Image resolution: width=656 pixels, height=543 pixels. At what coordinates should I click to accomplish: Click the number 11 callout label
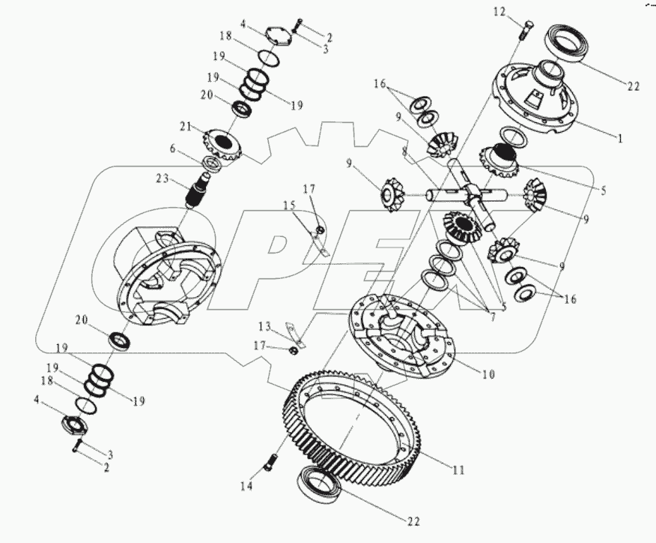(458, 470)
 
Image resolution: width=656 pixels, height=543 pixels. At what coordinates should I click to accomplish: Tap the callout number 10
(488, 373)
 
